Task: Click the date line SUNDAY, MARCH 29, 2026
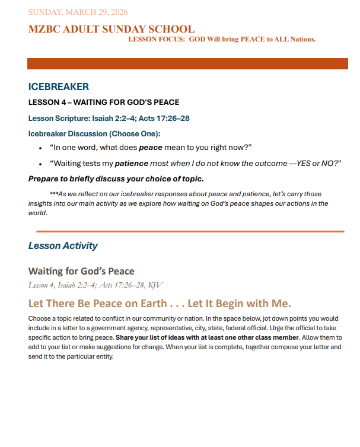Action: [78, 12]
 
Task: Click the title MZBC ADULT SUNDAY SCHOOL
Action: [111, 28]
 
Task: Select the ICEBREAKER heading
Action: [58, 87]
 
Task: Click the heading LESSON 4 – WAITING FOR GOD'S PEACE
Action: [104, 103]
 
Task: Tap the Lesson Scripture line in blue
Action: [109, 118]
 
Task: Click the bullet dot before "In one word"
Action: [40, 148]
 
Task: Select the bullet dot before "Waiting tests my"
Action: [40, 164]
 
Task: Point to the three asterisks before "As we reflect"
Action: [55, 194]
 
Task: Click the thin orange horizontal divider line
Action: [190, 231]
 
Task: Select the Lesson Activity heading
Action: [63, 245]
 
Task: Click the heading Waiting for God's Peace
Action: [81, 272]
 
